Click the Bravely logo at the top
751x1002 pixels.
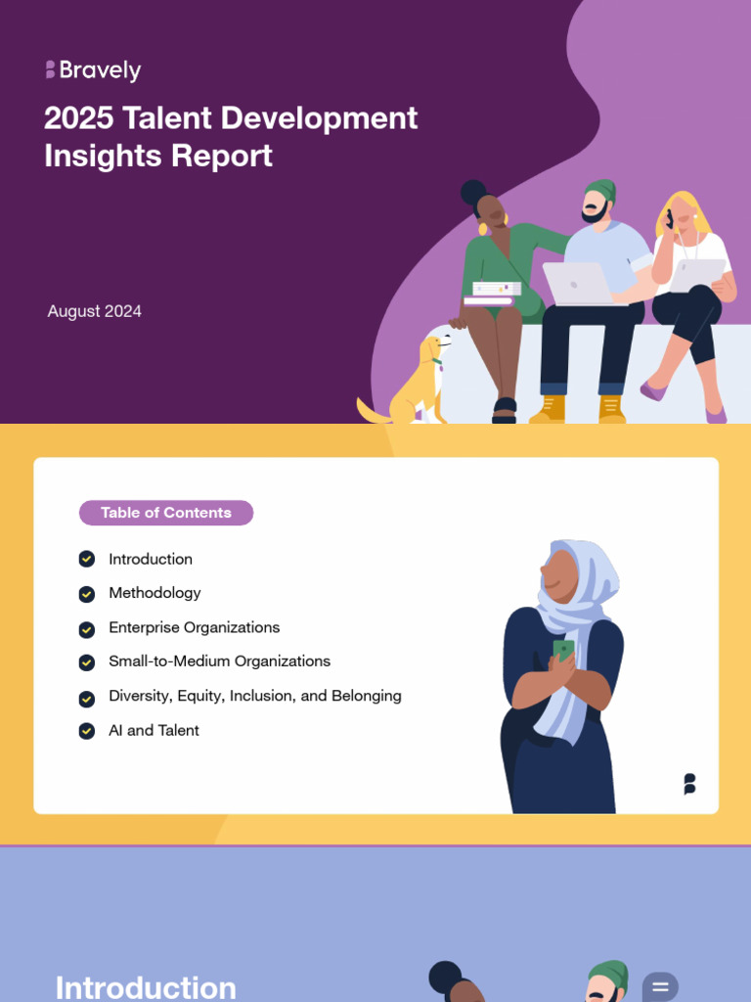coord(93,70)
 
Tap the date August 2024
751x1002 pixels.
coord(95,311)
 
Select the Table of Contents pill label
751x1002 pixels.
coord(166,513)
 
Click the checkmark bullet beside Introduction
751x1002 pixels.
coord(87,559)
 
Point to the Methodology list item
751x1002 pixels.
coord(155,593)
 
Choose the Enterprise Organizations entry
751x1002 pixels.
coord(194,627)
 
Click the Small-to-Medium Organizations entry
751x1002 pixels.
coord(219,661)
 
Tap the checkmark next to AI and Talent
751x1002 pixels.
coord(87,731)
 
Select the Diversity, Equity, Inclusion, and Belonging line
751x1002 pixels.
coord(254,696)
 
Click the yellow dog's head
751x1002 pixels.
coord(435,346)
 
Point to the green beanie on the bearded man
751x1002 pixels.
coord(601,190)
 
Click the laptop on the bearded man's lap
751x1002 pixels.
coord(577,284)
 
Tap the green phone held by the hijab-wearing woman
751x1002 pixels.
coord(563,650)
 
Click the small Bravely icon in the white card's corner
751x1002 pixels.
coord(689,784)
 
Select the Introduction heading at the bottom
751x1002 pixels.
coord(146,986)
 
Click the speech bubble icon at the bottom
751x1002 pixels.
coord(660,986)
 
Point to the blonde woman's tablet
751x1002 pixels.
coord(696,275)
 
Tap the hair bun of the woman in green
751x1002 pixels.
coord(473,192)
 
